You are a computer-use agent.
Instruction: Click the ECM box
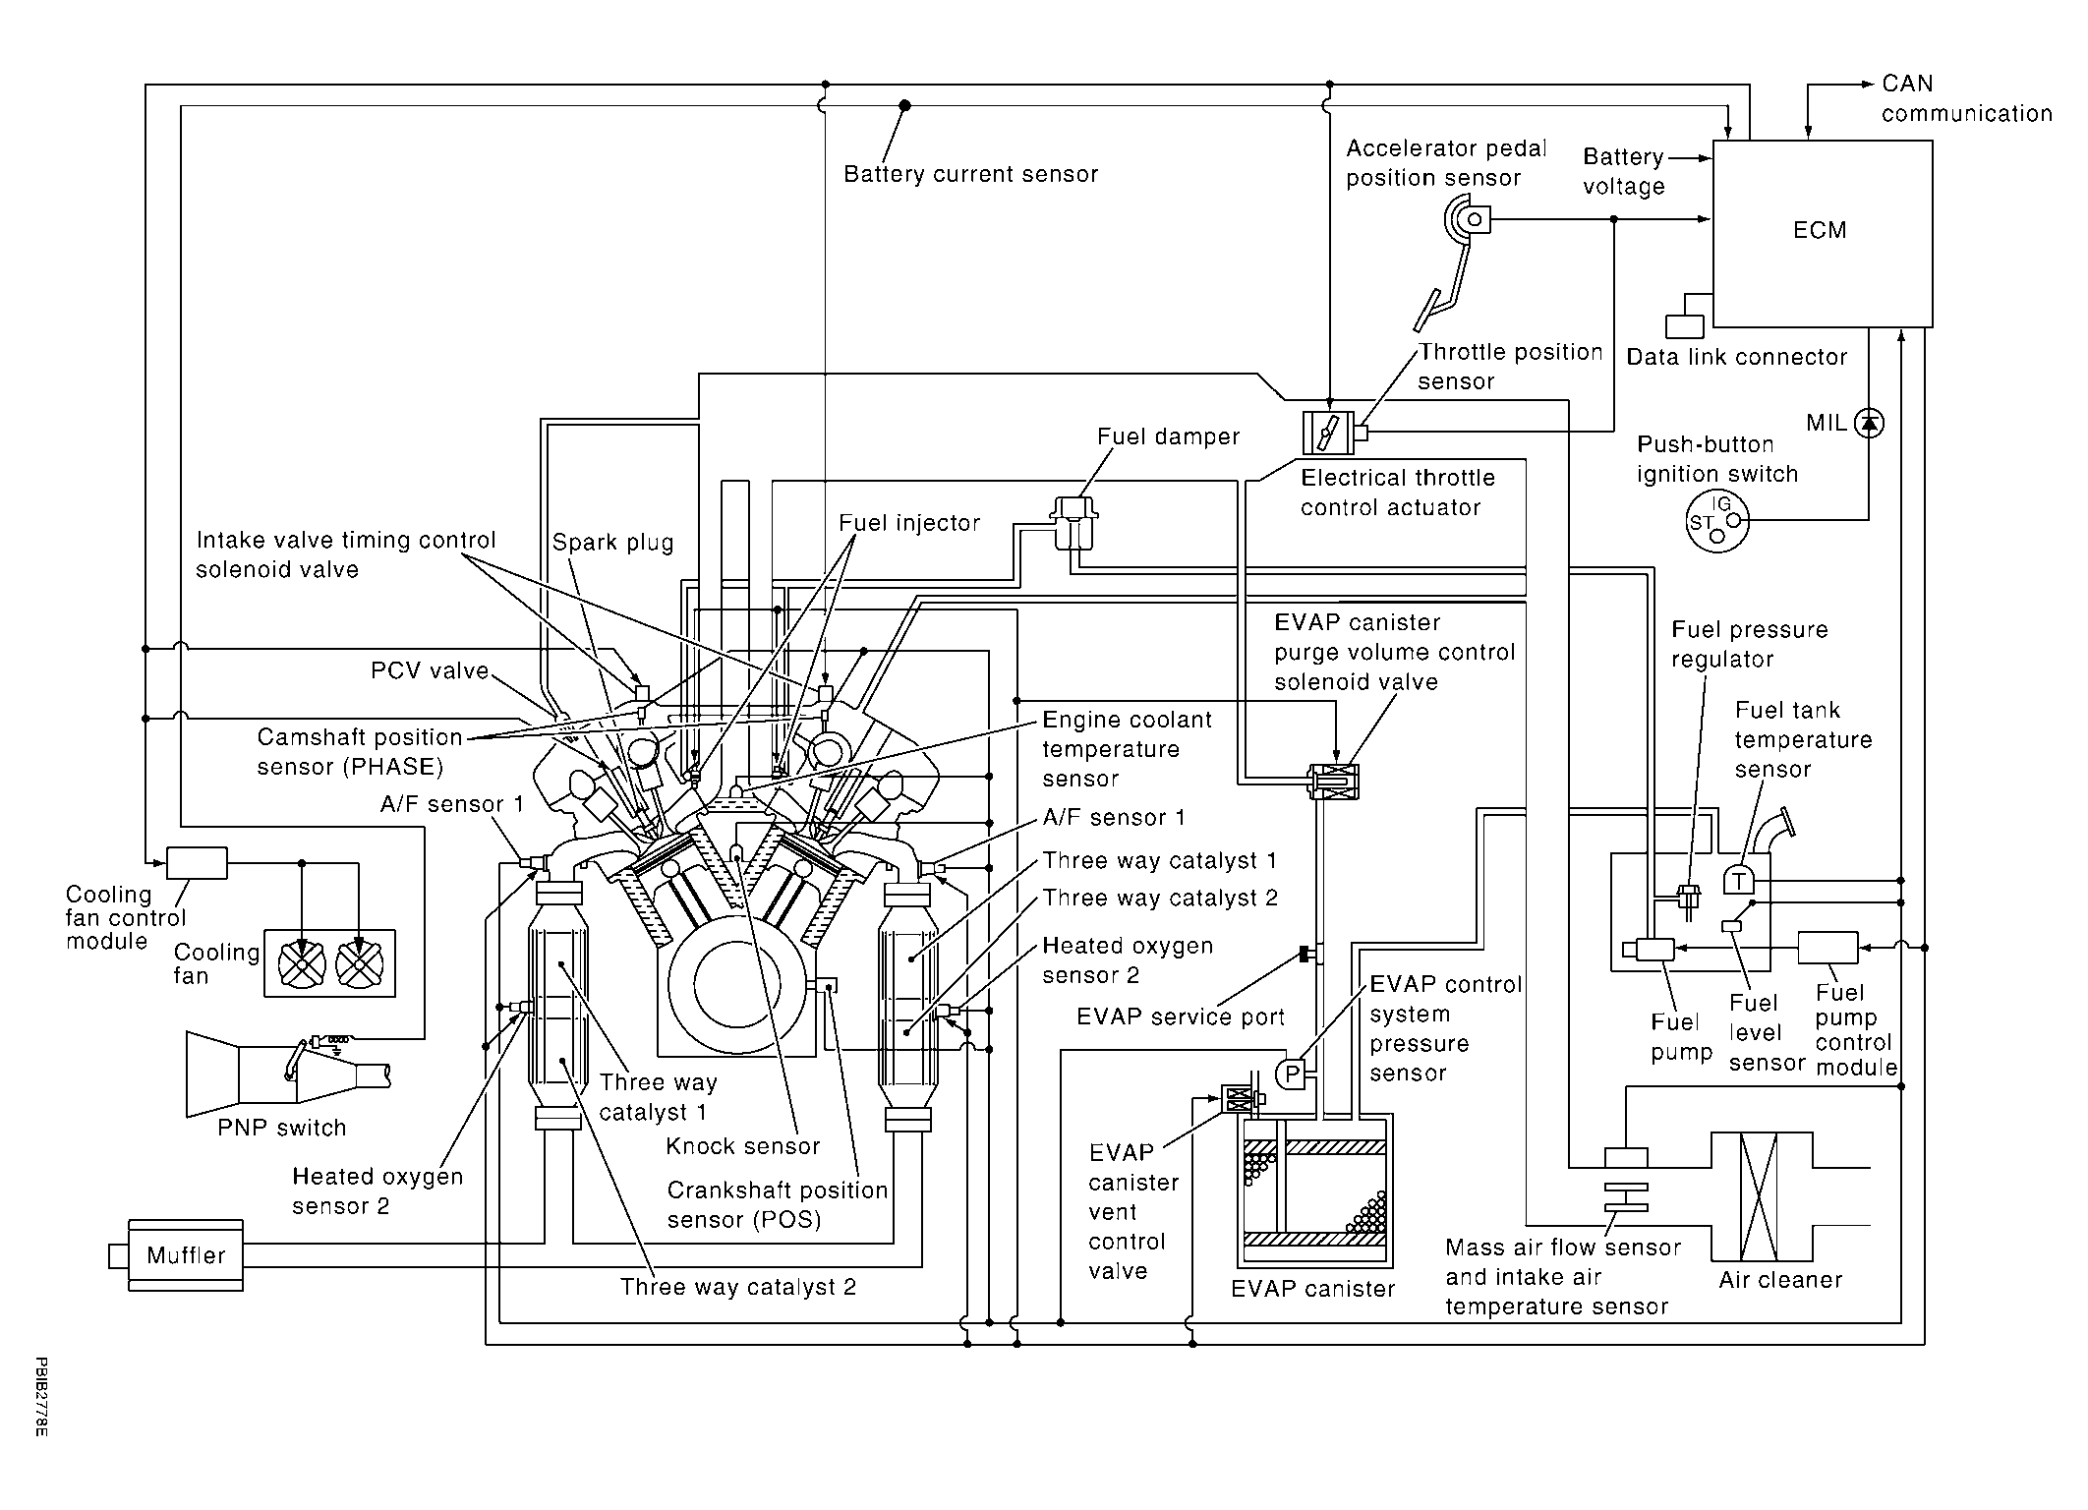pos(1823,233)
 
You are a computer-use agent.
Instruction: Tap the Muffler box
pos(186,1255)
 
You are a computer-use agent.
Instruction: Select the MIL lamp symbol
pos(1869,423)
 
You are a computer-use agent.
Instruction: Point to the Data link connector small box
pos(1685,325)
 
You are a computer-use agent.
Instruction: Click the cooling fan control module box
pos(197,863)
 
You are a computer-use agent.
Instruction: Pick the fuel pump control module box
pos(1827,948)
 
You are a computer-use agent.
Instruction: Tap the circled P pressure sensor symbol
pos(1293,1074)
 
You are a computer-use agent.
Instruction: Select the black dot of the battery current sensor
pos(904,105)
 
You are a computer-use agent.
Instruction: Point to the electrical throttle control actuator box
pos(1328,433)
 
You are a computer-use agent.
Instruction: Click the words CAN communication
pos(1967,98)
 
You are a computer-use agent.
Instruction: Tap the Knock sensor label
pos(742,1146)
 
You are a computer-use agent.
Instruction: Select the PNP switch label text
pos(282,1128)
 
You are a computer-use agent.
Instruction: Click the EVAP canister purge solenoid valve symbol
pos(1333,782)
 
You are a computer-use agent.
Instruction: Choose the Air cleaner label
pos(1780,1280)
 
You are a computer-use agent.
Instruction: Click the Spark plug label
pos(612,543)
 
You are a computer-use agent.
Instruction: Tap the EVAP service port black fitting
pos(1305,954)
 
